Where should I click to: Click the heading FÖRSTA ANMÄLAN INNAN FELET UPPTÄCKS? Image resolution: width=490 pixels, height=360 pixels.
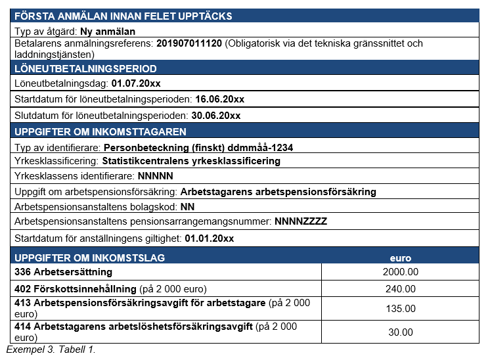(123, 16)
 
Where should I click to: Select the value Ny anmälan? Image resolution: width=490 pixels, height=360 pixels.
(108, 31)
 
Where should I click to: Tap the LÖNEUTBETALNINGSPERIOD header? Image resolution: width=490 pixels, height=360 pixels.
(85, 68)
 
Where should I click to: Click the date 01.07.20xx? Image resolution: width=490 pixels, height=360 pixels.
(136, 83)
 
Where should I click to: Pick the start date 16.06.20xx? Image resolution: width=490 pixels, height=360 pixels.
(220, 99)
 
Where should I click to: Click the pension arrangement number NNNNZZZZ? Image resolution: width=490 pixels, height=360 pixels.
(301, 221)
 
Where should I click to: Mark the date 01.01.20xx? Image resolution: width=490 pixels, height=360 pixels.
(210, 238)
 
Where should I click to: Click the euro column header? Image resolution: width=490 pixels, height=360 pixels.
(401, 258)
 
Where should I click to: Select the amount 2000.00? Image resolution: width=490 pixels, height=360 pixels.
(401, 271)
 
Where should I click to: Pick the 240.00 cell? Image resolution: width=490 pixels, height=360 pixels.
(401, 288)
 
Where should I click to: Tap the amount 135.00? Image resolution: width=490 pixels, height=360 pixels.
(401, 308)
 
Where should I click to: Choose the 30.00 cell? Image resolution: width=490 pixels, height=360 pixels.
(401, 332)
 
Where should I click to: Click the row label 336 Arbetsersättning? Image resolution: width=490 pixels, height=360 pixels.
(64, 271)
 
